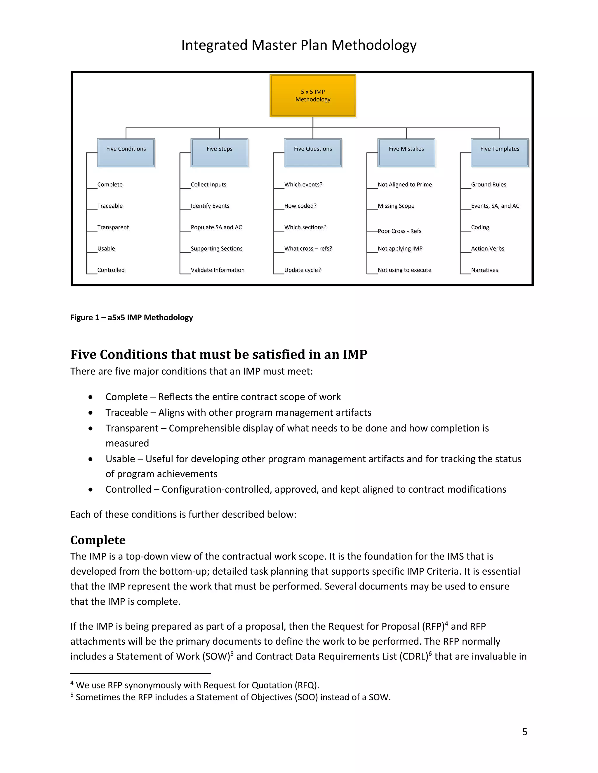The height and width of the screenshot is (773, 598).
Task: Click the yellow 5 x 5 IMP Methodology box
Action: pyautogui.click(x=313, y=96)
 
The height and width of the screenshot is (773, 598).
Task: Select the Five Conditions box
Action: pyautogui.click(x=126, y=153)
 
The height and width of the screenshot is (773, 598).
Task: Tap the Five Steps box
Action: pyautogui.click(x=219, y=153)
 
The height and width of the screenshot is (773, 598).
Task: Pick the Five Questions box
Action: pyautogui.click(x=313, y=153)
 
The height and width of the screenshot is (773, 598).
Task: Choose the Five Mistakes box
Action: pyautogui.click(x=406, y=153)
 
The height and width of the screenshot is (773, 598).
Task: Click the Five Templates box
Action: pyautogui.click(x=500, y=153)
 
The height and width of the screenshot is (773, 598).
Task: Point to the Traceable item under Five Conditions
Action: pyautogui.click(x=110, y=206)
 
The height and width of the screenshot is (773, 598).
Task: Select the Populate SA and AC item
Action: pyautogui.click(x=216, y=227)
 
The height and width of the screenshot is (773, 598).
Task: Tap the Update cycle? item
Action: pyautogui.click(x=302, y=270)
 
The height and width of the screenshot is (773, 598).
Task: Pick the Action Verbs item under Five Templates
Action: pyautogui.click(x=487, y=249)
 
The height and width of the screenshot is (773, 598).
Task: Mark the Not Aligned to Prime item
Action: pyautogui.click(x=405, y=184)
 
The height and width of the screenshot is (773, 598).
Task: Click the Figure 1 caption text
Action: pyautogui.click(x=131, y=317)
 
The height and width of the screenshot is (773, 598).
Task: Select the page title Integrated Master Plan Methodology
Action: pyautogui.click(x=299, y=45)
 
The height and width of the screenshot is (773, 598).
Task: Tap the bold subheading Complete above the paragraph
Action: pyautogui.click(x=98, y=540)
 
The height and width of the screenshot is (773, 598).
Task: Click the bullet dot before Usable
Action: pyautogui.click(x=91, y=459)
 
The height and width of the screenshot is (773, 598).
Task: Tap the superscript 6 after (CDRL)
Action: pyautogui.click(x=430, y=653)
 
